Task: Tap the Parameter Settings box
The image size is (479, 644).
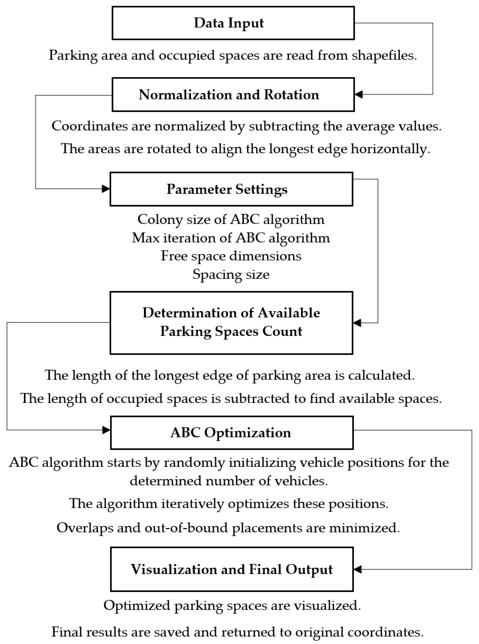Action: pos(231,189)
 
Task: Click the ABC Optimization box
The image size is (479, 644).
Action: pos(232,433)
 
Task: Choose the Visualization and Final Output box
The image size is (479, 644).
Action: pos(232,569)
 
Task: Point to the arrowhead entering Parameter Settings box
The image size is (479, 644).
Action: pos(106,189)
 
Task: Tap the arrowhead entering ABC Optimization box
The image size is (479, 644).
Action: pos(106,430)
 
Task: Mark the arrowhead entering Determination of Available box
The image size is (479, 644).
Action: pos(357,323)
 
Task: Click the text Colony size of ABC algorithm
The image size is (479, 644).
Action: pos(231,220)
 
